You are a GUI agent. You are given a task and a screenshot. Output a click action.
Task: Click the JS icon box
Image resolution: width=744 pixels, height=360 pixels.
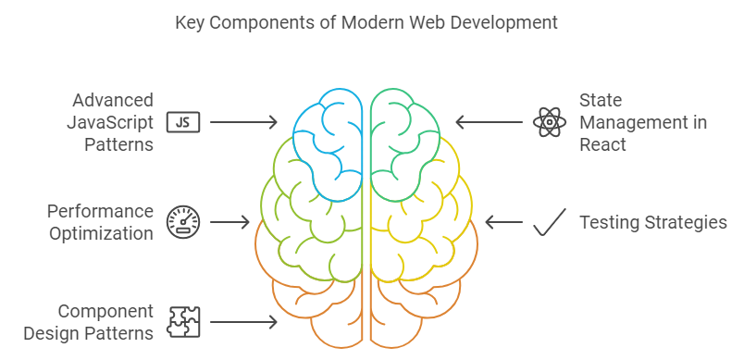click(x=183, y=122)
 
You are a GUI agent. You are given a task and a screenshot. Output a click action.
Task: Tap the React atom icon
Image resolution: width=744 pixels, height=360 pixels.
click(x=550, y=122)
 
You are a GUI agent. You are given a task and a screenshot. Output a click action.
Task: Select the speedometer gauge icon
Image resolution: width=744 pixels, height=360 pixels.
click(x=183, y=222)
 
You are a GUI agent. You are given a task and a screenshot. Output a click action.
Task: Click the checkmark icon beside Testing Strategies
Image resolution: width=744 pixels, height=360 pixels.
click(x=550, y=222)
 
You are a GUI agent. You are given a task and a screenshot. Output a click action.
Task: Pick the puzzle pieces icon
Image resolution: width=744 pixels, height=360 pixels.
click(x=183, y=322)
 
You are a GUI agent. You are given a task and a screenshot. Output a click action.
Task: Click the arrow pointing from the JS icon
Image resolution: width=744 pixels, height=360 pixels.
click(x=243, y=122)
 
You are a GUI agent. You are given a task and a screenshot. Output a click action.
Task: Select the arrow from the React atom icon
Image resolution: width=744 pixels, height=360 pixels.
click(x=490, y=122)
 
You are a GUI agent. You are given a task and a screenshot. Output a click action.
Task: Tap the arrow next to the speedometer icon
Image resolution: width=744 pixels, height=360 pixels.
click(x=229, y=222)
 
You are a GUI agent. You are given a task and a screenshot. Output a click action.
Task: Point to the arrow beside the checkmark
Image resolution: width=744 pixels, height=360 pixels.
click(x=504, y=222)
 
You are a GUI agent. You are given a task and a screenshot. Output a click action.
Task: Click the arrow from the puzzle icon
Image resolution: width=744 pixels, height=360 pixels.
click(x=243, y=322)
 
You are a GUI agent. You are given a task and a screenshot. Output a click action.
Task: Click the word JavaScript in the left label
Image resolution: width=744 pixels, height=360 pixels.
click(x=110, y=123)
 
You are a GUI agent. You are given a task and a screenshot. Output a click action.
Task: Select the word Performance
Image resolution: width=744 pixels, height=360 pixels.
click(x=100, y=212)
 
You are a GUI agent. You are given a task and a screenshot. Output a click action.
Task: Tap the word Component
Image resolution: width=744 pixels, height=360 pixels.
click(x=105, y=312)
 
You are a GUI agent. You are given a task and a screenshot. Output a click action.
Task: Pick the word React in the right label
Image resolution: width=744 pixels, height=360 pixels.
click(x=602, y=144)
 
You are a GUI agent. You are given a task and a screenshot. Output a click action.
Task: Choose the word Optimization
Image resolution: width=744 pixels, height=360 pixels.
click(x=102, y=234)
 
